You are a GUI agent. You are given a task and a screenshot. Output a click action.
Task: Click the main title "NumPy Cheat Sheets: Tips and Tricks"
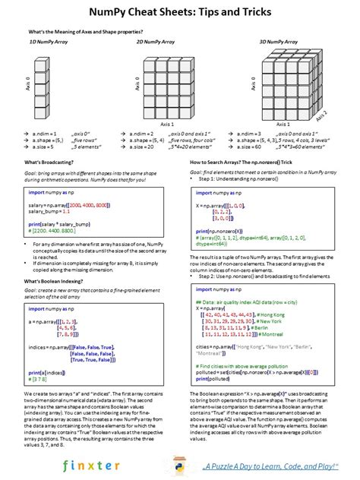point(180,12)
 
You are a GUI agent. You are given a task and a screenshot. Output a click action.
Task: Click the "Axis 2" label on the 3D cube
point(325,115)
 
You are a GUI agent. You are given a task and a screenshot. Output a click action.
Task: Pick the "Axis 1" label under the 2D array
point(166,125)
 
